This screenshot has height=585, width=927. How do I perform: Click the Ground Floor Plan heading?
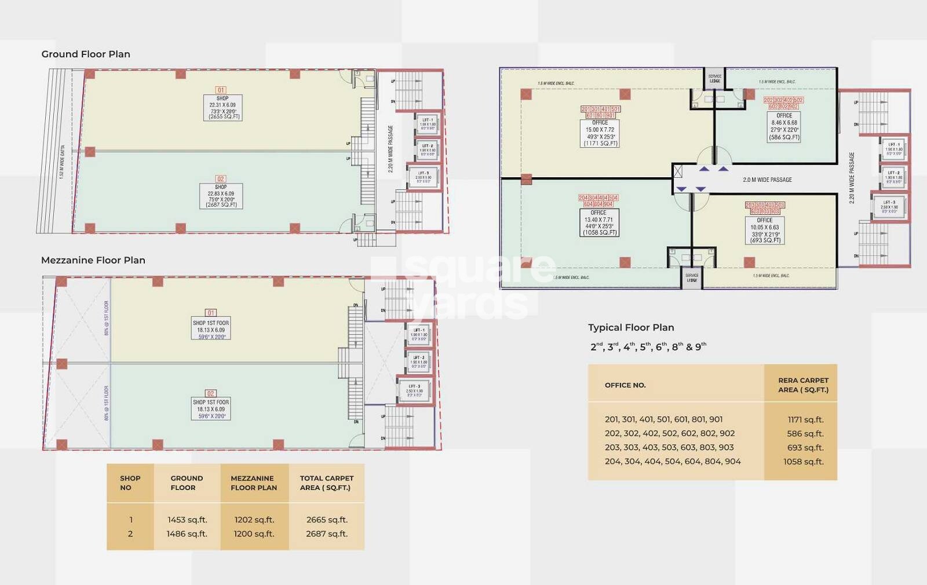86,54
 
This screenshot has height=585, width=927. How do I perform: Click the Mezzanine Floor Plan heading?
93,260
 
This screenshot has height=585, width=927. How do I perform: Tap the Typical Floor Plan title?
631,327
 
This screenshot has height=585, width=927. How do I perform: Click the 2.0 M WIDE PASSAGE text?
767,180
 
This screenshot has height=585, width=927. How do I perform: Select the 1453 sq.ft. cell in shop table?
187,520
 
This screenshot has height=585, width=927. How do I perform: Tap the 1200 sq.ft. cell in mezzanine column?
254,533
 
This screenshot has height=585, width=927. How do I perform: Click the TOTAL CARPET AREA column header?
326,482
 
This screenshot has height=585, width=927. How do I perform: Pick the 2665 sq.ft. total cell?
327,520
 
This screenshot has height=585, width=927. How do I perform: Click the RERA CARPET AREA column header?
802,385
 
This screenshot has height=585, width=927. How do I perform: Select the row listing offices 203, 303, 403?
669,447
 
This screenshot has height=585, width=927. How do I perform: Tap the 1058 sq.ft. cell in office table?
803,462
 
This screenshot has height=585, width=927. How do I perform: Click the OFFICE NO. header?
625,385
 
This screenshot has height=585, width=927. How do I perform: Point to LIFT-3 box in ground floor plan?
424,177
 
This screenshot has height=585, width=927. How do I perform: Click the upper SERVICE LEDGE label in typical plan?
715,78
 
